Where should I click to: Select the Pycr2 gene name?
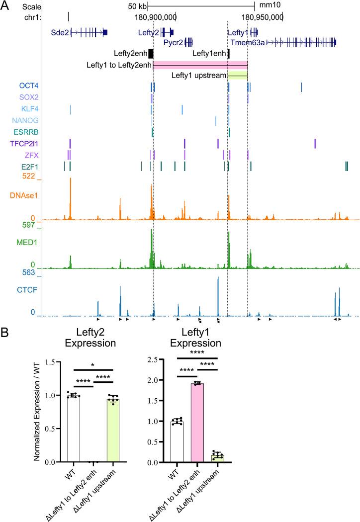tap(173, 42)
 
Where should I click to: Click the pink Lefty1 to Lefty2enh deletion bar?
tap(200, 65)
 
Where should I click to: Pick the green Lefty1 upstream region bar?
tap(237, 76)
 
